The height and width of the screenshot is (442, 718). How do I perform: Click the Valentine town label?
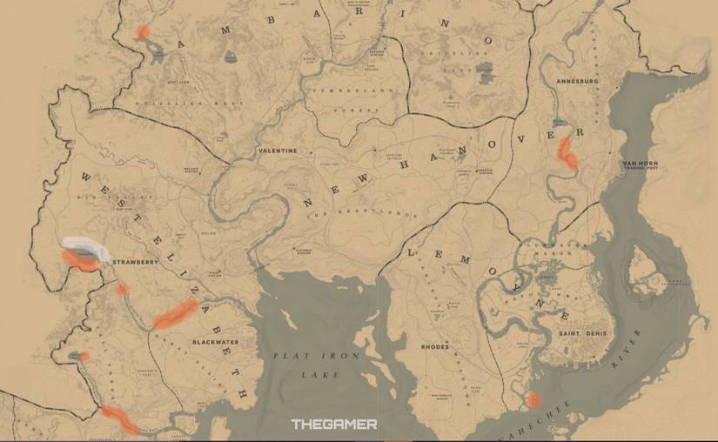278,151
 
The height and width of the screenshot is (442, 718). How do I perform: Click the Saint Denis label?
583,334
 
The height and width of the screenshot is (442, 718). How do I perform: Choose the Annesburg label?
577,82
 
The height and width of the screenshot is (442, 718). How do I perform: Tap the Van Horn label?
640,164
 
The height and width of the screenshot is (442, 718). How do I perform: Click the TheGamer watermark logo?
334,424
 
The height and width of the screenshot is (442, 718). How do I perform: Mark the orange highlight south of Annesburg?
567,152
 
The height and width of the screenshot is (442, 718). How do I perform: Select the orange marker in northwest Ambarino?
143,33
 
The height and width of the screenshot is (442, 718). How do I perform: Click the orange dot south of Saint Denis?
533,399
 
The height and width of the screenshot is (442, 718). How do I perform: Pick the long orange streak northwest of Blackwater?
175,314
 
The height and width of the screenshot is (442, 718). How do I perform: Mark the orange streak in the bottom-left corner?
118,419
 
